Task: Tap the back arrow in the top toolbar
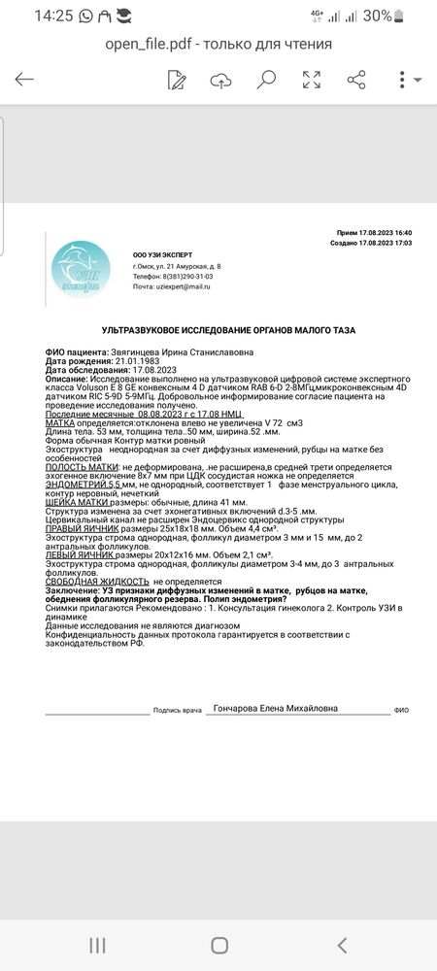click(24, 80)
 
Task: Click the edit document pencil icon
click(177, 80)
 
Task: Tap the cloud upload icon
click(221, 80)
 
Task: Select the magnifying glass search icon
click(266, 80)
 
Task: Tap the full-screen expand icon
click(312, 80)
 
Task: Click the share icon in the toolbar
click(356, 80)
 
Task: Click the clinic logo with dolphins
click(86, 265)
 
